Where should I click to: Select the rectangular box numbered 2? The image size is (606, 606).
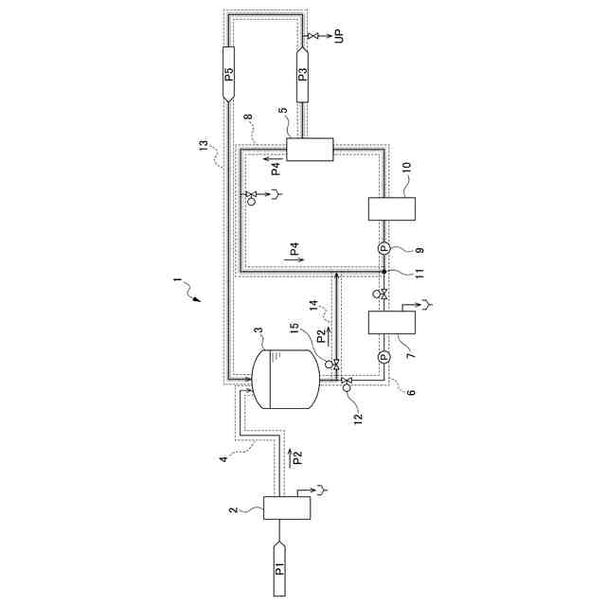[x=287, y=508]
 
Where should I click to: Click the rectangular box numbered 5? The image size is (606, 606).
[x=311, y=150]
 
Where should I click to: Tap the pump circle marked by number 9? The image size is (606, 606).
[x=384, y=248]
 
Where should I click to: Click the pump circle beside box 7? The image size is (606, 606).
[x=384, y=357]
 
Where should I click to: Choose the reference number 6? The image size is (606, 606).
[x=410, y=391]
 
